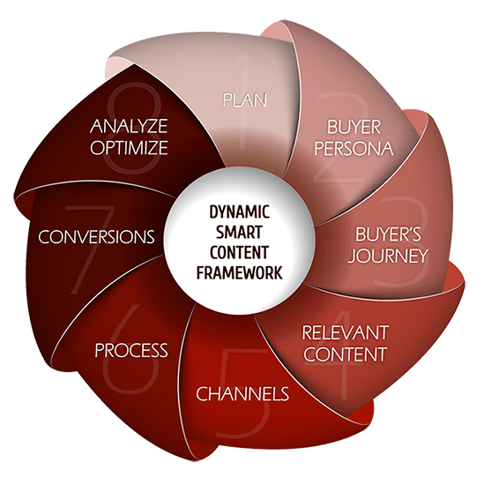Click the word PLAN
245,100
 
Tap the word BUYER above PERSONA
354,127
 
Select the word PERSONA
354,148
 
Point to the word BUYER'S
388,234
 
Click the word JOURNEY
388,256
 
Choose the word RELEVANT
345,332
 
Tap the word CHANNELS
242,393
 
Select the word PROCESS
131,350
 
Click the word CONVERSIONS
96,237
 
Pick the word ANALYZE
129,126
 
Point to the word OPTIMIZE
129,147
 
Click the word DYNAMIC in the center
240,212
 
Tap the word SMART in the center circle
239,232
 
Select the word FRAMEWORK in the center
240,272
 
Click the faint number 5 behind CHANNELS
244,393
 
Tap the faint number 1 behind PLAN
244,102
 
